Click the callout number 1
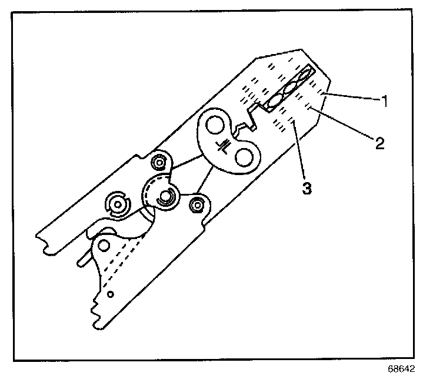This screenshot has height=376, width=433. click(384, 101)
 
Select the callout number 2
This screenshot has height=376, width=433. click(380, 143)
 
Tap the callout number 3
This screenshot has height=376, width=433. click(307, 189)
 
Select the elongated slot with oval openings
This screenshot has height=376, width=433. click(289, 89)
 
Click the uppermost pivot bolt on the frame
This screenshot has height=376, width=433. click(158, 162)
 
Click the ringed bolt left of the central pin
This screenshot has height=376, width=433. click(118, 203)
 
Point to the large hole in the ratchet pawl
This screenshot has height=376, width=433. click(104, 244)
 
